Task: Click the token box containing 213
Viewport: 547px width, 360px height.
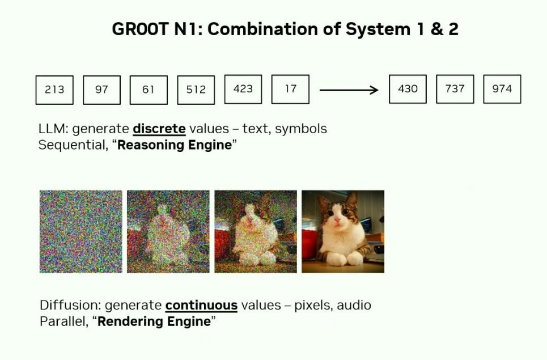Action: [54, 90]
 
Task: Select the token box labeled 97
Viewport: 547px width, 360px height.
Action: [101, 90]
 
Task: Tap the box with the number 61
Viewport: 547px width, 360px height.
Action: [149, 90]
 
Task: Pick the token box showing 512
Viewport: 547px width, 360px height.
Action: [196, 90]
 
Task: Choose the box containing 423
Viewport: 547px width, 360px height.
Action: [243, 90]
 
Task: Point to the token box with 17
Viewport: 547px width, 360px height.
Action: [290, 90]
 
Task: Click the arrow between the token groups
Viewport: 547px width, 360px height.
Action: [349, 90]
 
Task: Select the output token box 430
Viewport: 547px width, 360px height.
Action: [408, 89]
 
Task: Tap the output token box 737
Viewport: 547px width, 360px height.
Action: [455, 89]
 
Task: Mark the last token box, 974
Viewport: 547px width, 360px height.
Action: [502, 89]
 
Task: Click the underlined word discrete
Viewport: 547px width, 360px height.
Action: [159, 129]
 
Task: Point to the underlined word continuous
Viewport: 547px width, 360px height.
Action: [201, 305]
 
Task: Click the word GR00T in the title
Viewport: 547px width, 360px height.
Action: [140, 29]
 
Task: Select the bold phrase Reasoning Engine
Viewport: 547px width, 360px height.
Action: [175, 145]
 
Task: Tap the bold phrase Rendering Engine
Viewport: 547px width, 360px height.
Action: [154, 321]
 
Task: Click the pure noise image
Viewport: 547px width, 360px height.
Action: [81, 231]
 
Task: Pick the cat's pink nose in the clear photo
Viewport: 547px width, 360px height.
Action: [337, 221]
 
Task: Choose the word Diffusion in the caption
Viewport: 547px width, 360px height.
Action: [70, 305]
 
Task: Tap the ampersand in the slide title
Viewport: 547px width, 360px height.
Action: [436, 29]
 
